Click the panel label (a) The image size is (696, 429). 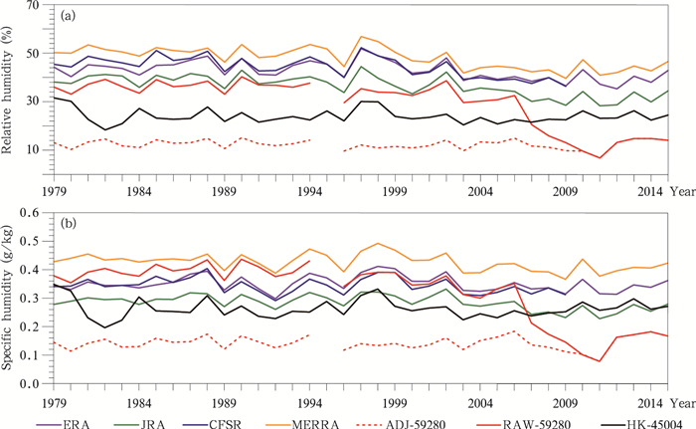[69, 17]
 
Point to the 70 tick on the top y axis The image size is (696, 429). [33, 7]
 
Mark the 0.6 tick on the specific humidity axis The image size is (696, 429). [30, 213]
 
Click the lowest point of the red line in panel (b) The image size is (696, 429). [600, 361]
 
